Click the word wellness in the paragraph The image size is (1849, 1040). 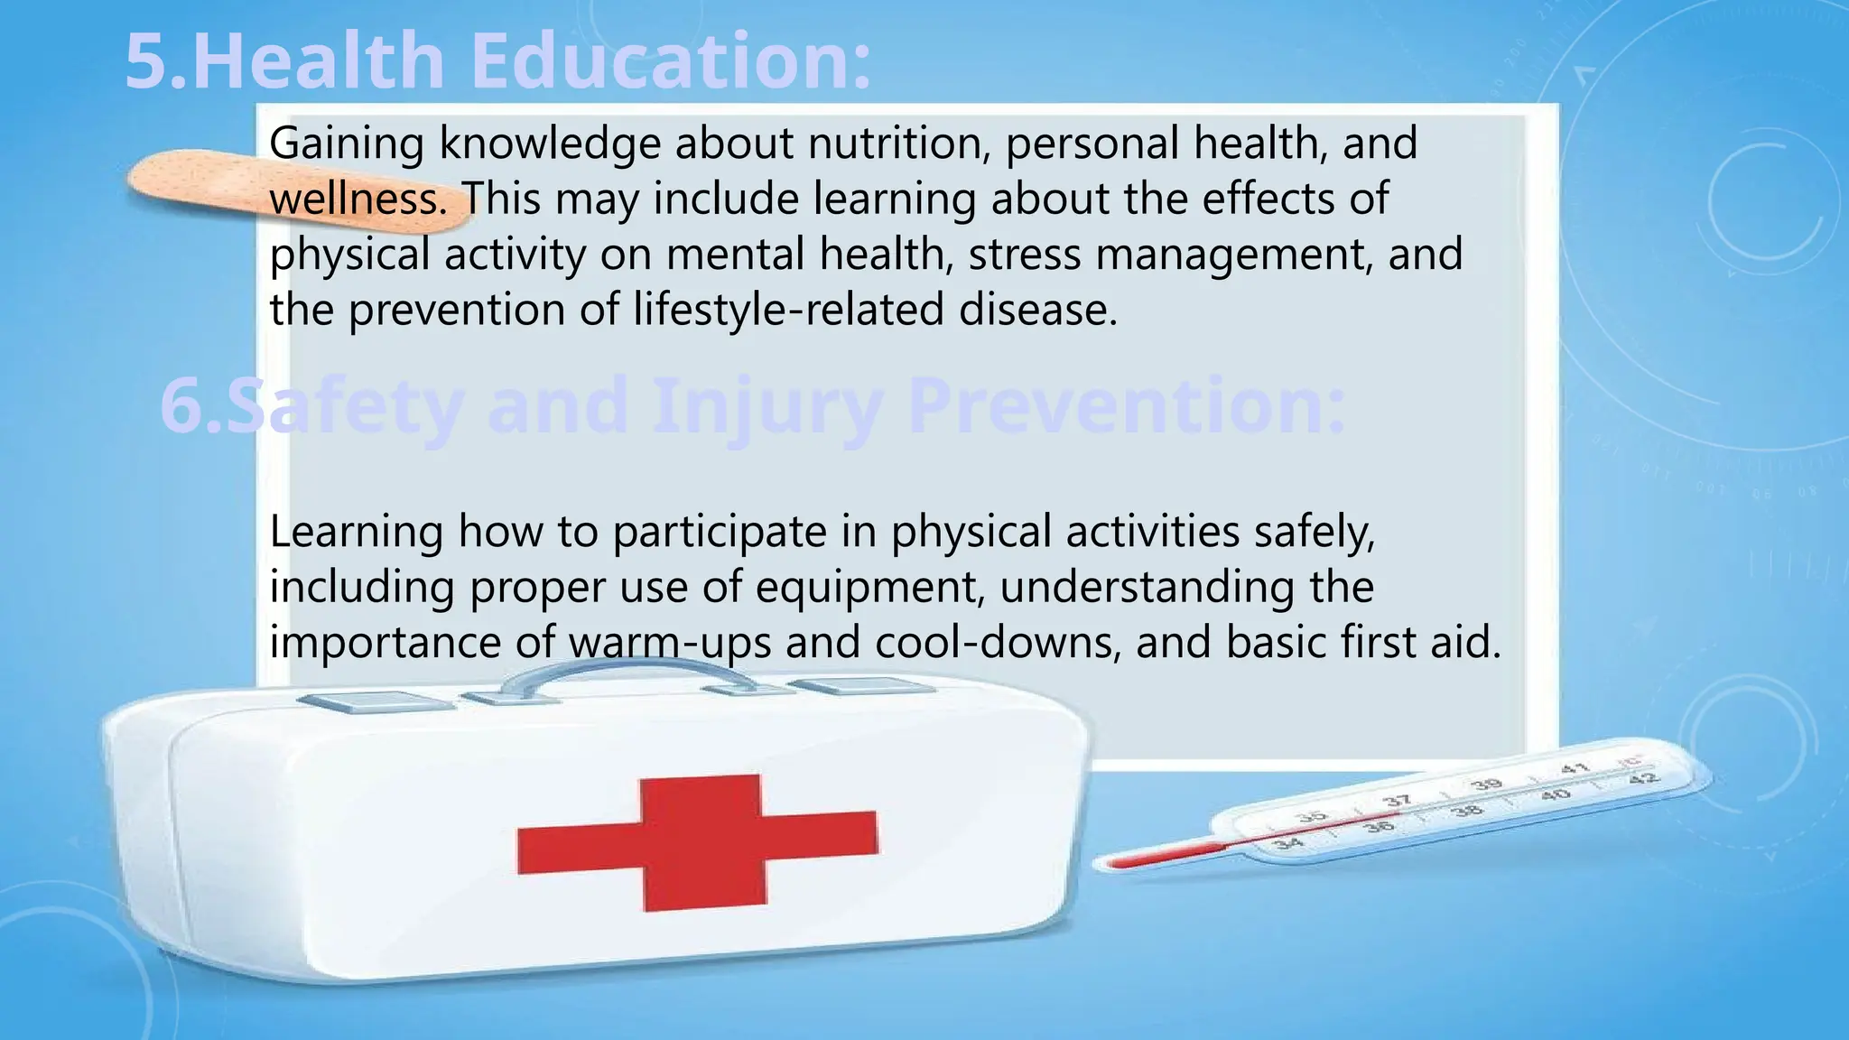coord(358,200)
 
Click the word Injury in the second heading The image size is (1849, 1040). coord(767,406)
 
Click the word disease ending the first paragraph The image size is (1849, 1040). coord(1037,311)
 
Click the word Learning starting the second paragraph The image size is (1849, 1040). coord(356,533)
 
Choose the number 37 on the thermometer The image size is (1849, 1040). coord(1397,801)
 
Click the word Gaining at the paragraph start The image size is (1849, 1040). coord(347,144)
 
